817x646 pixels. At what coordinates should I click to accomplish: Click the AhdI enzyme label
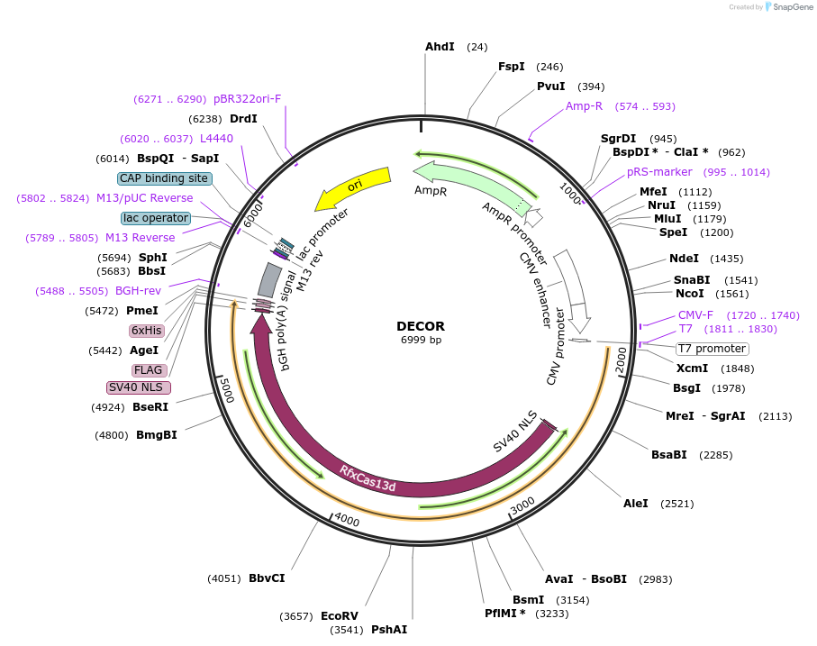[x=440, y=47]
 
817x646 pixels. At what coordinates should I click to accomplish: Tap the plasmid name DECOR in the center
[x=421, y=326]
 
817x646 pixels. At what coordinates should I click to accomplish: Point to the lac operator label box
[x=156, y=218]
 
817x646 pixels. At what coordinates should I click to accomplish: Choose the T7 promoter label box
[x=712, y=349]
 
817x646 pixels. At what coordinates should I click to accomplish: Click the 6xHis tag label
[x=146, y=331]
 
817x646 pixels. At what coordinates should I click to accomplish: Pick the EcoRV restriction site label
[x=340, y=616]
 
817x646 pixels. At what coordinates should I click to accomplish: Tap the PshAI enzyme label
[x=389, y=630]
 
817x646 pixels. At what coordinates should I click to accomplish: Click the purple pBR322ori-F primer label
[x=248, y=99]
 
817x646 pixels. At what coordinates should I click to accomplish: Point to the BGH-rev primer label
[x=137, y=291]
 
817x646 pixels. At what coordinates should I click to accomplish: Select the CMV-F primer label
[x=695, y=315]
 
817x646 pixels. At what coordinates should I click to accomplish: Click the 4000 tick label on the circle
[x=347, y=521]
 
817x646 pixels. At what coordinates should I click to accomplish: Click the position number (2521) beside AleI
[x=678, y=504]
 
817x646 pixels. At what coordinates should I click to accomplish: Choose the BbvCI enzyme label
[x=267, y=578]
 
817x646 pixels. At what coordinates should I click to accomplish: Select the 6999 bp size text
[x=421, y=341]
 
